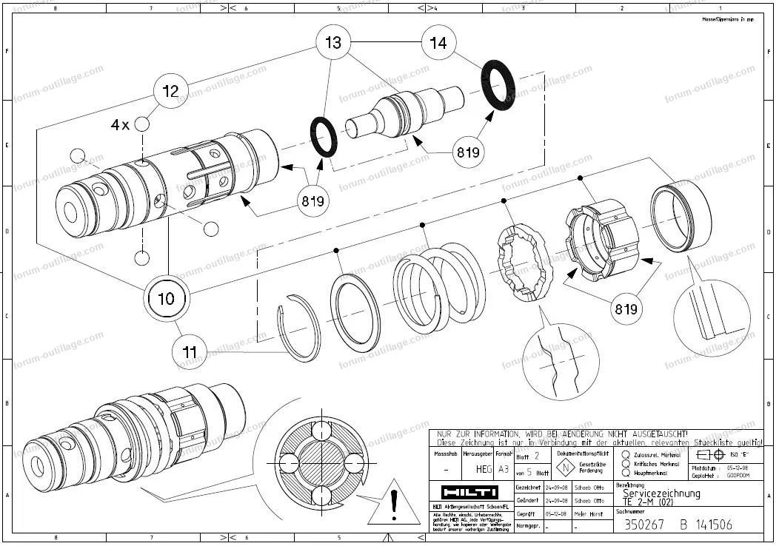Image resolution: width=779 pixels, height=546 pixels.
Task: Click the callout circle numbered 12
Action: [171, 91]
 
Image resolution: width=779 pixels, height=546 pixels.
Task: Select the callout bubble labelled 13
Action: [333, 43]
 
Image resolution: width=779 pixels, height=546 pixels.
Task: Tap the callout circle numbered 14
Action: [438, 43]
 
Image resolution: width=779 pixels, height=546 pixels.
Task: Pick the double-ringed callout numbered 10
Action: [167, 298]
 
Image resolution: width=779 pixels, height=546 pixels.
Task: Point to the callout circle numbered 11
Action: [190, 351]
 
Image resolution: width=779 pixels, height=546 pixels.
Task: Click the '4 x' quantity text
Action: [119, 125]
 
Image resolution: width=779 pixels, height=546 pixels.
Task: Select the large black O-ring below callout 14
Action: [499, 86]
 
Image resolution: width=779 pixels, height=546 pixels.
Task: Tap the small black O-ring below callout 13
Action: [323, 138]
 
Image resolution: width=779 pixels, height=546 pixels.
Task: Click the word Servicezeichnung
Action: [661, 493]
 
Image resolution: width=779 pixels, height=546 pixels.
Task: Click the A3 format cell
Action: [504, 469]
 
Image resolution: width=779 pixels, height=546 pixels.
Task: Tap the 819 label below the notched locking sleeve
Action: [623, 309]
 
